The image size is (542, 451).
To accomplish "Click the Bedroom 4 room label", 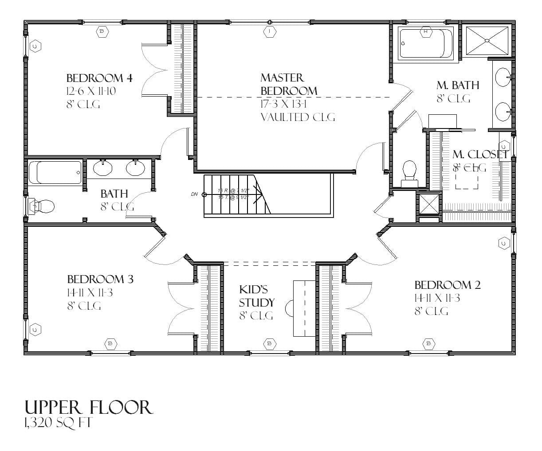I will (99, 78).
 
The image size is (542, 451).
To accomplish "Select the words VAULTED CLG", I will (297, 117).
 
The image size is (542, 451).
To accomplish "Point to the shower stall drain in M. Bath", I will (487, 41).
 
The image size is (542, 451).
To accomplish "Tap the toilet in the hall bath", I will (42, 206).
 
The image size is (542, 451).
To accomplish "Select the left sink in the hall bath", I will (103, 168).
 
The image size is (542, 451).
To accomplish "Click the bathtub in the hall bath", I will (55, 172).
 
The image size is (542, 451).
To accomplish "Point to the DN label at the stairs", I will (194, 194).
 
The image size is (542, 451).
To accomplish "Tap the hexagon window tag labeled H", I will (426, 31).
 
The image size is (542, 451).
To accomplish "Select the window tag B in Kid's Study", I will (269, 343).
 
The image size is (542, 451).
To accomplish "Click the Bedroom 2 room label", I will (447, 285).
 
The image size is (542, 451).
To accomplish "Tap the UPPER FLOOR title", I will (89, 408).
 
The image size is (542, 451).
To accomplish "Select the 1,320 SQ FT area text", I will (58, 424).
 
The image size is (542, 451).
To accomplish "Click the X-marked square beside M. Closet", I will (428, 204).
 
